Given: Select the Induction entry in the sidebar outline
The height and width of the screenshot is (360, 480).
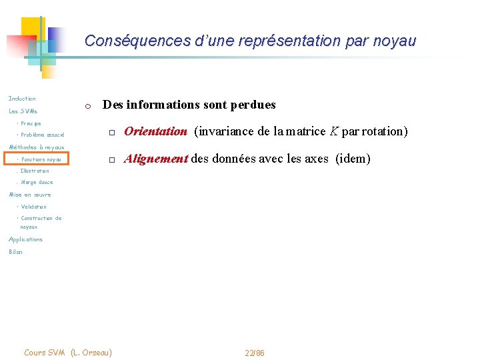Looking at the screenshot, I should coord(22,99).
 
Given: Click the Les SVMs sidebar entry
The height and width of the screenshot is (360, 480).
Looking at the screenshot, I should coord(23,111).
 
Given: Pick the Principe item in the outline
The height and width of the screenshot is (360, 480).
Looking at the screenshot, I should coord(31,123).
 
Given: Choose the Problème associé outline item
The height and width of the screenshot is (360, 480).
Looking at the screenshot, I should coord(42,135).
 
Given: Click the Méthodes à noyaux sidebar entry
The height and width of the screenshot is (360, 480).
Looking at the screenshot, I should coord(36,147).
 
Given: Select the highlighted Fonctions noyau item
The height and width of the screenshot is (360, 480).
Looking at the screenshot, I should coord(41,159).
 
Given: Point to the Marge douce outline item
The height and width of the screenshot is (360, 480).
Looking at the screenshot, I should coord(37,182).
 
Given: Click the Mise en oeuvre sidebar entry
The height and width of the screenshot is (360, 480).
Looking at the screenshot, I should coord(29,195).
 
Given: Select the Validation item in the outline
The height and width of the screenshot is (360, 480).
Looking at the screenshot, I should coord(33,207).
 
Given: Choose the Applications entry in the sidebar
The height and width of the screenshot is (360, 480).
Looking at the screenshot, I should coord(25,239).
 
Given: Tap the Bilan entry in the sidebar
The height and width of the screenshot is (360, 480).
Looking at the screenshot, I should coord(15,252).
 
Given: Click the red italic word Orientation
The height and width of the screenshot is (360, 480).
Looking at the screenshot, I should coord(155,131).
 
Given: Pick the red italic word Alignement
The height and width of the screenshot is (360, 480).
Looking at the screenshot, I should coord(156,159).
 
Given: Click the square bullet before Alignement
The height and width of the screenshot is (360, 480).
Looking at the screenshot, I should coord(113,160).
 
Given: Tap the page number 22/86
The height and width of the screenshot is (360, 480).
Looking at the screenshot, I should coord(255,353).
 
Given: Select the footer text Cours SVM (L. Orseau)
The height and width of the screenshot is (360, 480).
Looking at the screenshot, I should coord(67,352).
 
